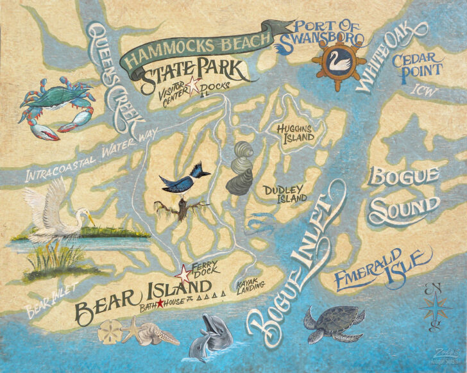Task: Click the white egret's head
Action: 81,213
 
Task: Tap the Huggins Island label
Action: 295,133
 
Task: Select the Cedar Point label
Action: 418,67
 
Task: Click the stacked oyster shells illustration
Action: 241,167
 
